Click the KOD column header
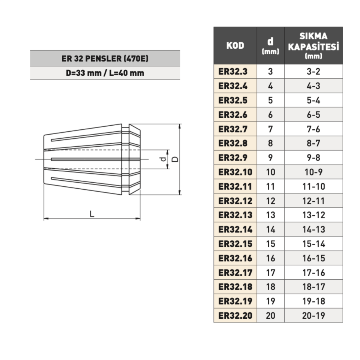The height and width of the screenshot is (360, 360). point(235,45)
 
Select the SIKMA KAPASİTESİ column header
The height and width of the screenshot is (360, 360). point(313,45)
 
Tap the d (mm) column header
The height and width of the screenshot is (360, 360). point(270,45)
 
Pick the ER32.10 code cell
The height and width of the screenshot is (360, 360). point(235,172)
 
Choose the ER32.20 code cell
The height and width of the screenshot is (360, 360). point(235,315)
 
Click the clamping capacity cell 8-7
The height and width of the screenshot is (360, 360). point(313,143)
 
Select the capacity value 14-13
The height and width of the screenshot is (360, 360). point(313,229)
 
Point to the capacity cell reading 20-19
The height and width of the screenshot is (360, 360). point(313,315)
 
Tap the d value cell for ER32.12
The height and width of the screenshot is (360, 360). point(270,201)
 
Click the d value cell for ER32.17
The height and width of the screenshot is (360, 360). point(270,273)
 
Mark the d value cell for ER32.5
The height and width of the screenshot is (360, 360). point(270,100)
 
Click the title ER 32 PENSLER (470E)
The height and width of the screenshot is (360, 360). point(105,58)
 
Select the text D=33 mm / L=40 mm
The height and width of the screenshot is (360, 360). point(105,73)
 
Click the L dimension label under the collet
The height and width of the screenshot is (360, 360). point(92,214)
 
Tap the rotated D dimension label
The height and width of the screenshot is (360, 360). point(175,159)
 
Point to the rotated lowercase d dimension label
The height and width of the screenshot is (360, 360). point(163,159)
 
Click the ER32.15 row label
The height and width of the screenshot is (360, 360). point(235,244)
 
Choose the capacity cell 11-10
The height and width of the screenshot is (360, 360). point(313,186)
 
